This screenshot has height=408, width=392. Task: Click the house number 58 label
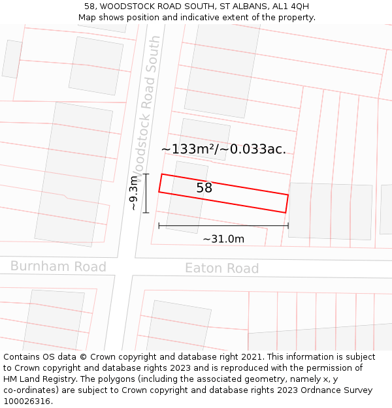pyautogui.click(x=204, y=188)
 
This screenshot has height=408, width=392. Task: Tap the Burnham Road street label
pyautogui.click(x=58, y=266)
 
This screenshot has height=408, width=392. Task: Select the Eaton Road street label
pyautogui.click(x=221, y=268)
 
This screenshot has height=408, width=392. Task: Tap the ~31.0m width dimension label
pyautogui.click(x=223, y=239)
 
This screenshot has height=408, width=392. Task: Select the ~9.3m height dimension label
pyautogui.click(x=133, y=193)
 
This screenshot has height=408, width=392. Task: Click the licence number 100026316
pyautogui.click(x=27, y=401)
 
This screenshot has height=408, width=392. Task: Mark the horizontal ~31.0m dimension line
pyautogui.click(x=223, y=226)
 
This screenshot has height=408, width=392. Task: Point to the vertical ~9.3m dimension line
pyautogui.click(x=146, y=193)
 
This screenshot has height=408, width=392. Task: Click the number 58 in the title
pyautogui.click(x=90, y=7)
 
